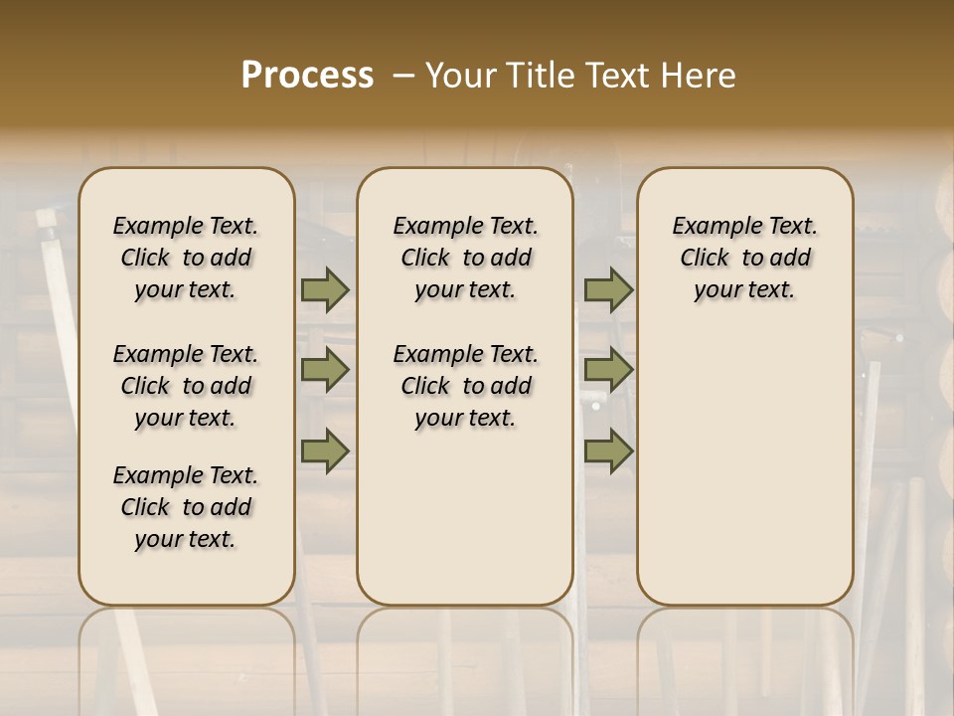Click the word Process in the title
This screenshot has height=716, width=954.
click(307, 76)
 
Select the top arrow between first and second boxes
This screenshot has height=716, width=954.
click(325, 290)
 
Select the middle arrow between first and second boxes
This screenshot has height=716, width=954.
click(325, 370)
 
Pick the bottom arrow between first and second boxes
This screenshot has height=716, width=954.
click(325, 450)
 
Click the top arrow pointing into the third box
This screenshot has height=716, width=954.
click(608, 290)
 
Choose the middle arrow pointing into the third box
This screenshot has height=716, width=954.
click(608, 370)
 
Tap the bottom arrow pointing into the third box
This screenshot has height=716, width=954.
click(608, 450)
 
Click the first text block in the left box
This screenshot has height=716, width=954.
click(186, 258)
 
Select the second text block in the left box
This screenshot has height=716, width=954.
click(186, 386)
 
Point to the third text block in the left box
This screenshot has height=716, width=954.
click(186, 507)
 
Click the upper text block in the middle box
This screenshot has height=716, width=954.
click(466, 258)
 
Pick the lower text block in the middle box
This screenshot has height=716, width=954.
click(466, 386)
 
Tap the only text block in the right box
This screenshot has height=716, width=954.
click(745, 258)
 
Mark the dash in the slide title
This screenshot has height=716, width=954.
click(403, 76)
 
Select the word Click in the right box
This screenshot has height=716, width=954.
click(705, 259)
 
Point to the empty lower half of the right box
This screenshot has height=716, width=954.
click(745, 477)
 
